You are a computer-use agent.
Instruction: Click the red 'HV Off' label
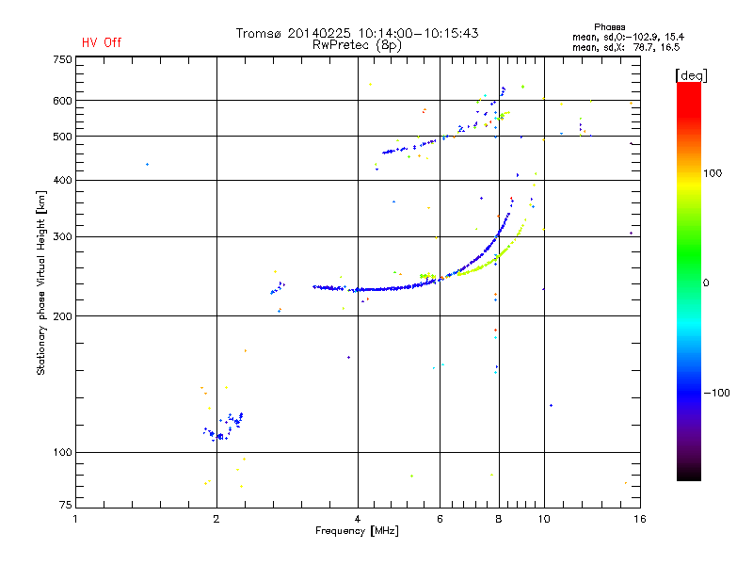[102, 42]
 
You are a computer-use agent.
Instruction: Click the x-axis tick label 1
[76, 519]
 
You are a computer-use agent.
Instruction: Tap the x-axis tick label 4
[358, 519]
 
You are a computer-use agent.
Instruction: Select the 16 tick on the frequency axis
[637, 519]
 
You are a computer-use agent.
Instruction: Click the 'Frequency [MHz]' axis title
[357, 532]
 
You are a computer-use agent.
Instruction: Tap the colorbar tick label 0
[706, 282]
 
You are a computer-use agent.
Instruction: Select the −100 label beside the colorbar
[717, 393]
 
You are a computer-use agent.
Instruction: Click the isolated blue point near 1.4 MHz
[147, 165]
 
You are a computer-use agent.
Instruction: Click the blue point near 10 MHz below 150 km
[551, 406]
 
